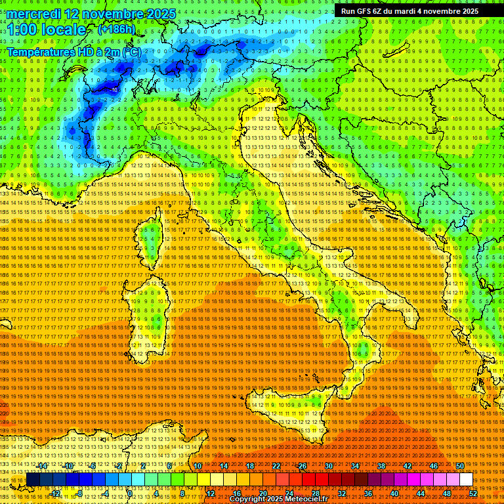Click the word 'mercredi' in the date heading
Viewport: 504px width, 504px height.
35,14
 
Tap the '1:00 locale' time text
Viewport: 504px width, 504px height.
47,30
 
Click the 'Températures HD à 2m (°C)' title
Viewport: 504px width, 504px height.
73,52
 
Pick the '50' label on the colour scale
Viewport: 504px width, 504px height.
459,466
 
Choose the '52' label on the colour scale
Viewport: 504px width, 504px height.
473,493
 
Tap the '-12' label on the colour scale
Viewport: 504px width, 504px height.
55,493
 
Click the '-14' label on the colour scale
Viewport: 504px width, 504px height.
42,466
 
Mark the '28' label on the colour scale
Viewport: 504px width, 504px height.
315,493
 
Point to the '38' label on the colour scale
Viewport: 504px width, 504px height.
381,466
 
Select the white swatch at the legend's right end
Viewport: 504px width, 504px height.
466,480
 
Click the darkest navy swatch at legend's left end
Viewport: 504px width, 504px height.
33,480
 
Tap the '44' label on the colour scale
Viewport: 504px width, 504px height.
420,493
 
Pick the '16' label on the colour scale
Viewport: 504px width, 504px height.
236,493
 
